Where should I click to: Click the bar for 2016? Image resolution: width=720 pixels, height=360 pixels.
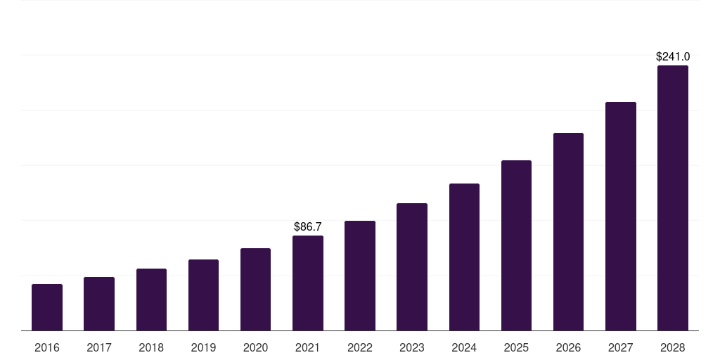[x=47, y=307]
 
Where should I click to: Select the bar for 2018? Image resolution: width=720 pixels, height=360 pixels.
[x=151, y=300]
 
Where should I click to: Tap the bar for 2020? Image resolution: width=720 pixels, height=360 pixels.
[x=255, y=289]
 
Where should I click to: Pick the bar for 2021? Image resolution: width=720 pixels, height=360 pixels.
[x=308, y=283]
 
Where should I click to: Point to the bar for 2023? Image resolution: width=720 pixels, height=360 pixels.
[x=412, y=266]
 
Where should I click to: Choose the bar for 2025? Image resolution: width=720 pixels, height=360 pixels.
[x=516, y=245]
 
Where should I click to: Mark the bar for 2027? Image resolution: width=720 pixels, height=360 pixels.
[x=620, y=216]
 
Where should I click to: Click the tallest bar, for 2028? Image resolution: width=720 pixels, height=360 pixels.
[x=672, y=198]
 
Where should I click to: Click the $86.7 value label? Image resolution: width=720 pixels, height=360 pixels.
[x=308, y=226]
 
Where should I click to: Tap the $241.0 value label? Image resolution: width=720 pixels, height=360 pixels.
[x=672, y=56]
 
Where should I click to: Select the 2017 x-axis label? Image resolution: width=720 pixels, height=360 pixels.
[x=99, y=347]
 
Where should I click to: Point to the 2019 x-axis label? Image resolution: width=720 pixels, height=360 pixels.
[x=203, y=347]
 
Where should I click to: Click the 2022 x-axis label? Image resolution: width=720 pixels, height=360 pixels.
[x=360, y=347]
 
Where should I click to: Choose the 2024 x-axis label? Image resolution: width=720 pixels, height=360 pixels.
[x=464, y=347]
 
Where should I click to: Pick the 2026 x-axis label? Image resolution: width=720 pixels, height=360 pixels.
[x=568, y=347]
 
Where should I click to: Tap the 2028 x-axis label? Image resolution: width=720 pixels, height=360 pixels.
[x=672, y=347]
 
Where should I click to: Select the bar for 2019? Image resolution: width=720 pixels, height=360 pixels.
[x=203, y=295]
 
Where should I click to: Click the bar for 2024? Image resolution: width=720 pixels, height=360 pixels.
[x=464, y=257]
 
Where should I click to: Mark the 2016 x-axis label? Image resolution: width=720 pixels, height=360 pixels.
[x=47, y=347]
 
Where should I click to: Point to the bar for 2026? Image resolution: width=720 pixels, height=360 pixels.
[x=568, y=231]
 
